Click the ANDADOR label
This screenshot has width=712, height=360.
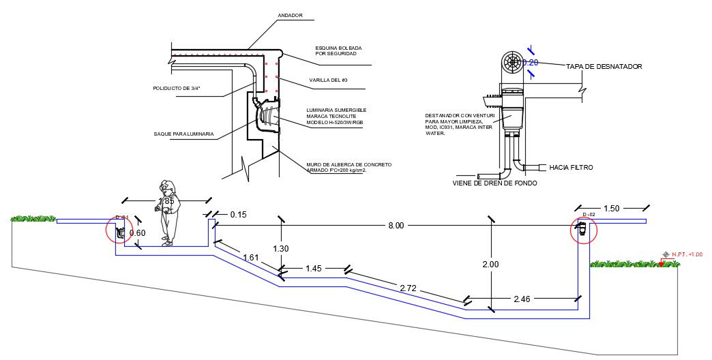(x=290, y=15)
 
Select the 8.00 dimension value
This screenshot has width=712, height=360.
(x=396, y=225)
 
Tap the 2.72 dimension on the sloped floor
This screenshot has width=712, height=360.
(x=408, y=288)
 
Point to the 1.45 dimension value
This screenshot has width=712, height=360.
(x=314, y=269)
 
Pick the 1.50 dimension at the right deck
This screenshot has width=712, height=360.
(x=612, y=208)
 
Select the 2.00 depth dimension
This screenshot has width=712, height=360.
(x=490, y=265)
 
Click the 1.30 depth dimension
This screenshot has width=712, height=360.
(x=281, y=249)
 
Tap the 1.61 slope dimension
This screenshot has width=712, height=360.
(x=251, y=258)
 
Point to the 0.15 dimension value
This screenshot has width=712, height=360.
(x=238, y=215)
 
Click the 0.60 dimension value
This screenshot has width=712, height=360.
(x=138, y=233)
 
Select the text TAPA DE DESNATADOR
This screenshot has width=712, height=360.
(x=604, y=67)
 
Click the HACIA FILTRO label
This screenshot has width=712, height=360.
(x=571, y=167)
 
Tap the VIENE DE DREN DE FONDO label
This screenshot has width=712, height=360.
(x=494, y=183)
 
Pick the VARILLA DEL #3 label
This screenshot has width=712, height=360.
(x=329, y=80)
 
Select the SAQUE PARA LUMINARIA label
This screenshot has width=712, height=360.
(x=183, y=134)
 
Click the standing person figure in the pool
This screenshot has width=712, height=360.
(x=168, y=212)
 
